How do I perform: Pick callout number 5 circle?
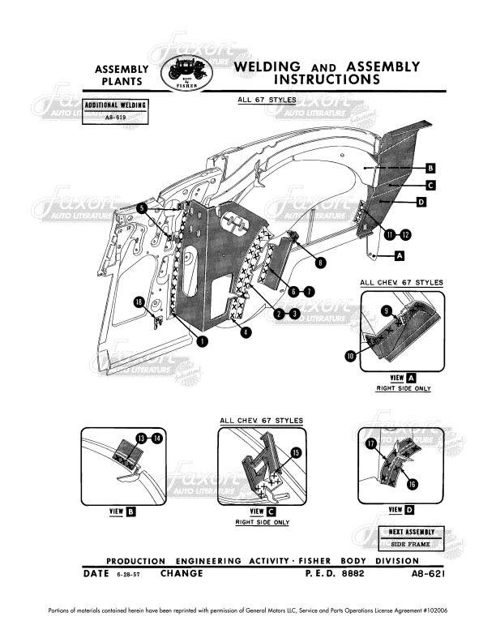click(142, 208)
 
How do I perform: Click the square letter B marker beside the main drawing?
click(431, 168)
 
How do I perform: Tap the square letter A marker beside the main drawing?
click(399, 256)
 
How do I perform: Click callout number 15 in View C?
click(296, 453)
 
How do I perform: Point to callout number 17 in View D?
click(372, 443)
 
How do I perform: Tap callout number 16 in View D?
click(412, 484)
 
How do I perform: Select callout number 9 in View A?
click(387, 310)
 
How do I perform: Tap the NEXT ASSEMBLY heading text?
click(413, 532)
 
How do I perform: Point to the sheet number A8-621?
click(426, 574)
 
